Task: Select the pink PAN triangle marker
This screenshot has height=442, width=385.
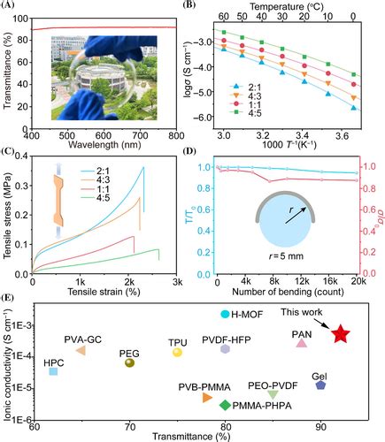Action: coord(302,343)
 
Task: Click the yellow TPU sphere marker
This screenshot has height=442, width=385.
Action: coord(178,352)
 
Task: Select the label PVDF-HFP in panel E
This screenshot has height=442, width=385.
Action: coord(227,337)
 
